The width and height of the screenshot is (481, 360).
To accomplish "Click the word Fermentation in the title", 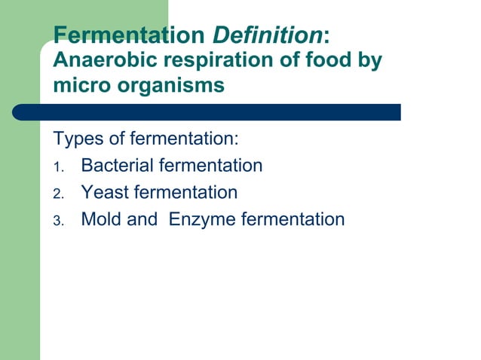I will coord(129,35).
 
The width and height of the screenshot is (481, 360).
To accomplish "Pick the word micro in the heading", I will coord(80,85).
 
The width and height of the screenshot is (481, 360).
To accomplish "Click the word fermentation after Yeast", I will coord(185,193).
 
